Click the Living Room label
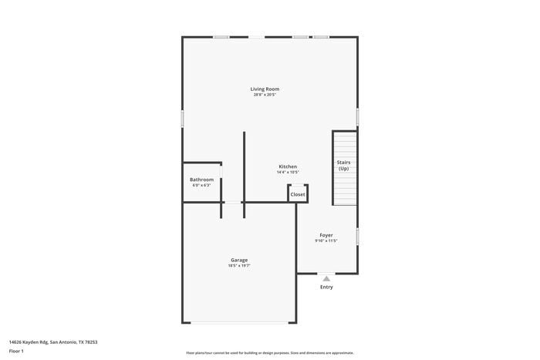[264, 89]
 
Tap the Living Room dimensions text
[264, 95]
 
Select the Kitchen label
[288, 167]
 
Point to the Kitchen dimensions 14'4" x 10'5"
[288, 172]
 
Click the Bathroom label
[201, 180]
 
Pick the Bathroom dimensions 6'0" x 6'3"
[201, 185]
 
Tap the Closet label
[298, 194]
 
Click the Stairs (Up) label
[344, 165]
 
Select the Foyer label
[326, 235]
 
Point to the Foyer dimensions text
[326, 241]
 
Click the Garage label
[239, 260]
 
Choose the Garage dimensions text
[239, 265]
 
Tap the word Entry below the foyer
[326, 287]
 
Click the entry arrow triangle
[326, 278]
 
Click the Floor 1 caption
[16, 352]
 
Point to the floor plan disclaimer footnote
[270, 353]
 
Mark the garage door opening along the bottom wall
[239, 322]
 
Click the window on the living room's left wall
[183, 118]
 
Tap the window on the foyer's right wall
[357, 236]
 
